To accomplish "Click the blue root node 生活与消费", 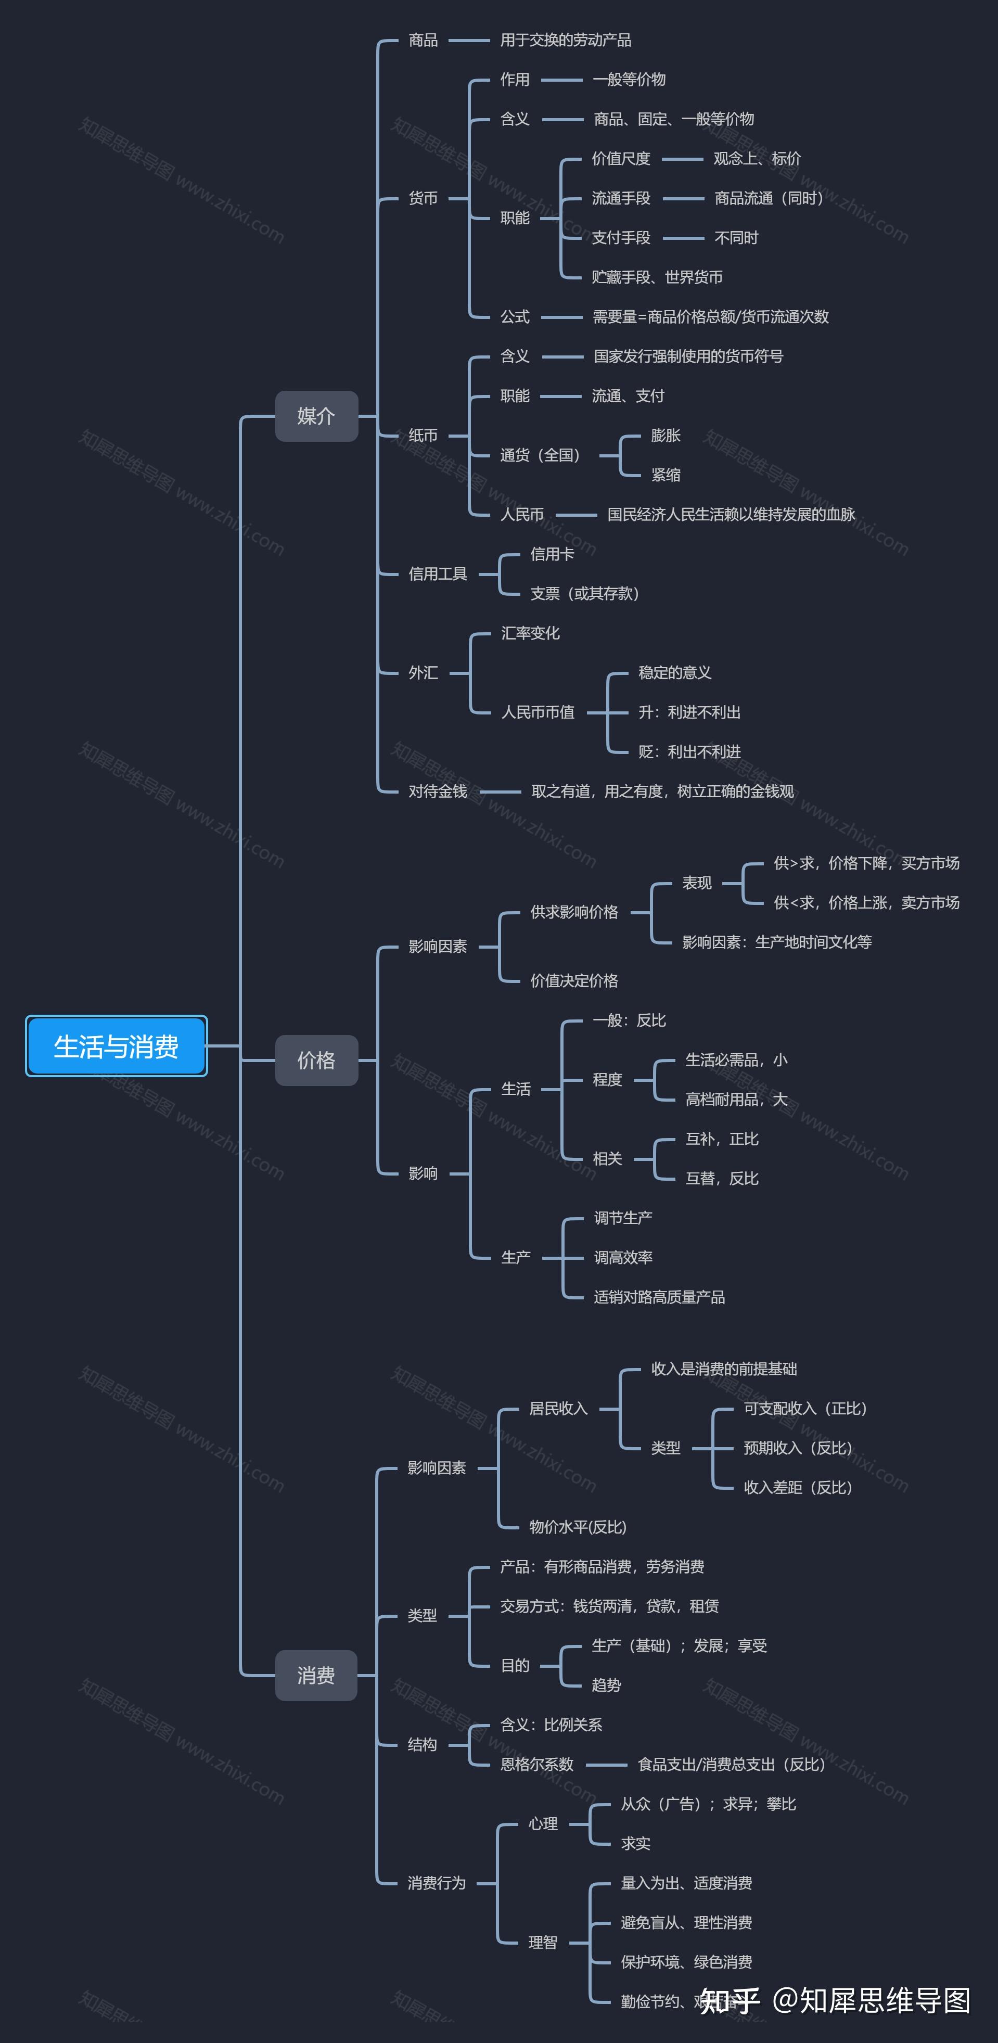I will pos(116,1046).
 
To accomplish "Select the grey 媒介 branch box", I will pos(316,416).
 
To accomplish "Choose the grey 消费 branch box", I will pos(316,1675).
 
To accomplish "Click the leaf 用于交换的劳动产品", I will pos(565,40).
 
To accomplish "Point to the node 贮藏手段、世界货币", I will pos(656,277).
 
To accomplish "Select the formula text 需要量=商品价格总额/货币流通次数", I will pos(710,316).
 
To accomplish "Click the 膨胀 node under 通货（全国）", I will pos(665,436).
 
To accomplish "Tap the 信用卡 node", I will pos(552,554).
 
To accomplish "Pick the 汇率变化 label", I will pos(530,633).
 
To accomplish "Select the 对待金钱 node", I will pos(437,790).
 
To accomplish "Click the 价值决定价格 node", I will pos(573,980).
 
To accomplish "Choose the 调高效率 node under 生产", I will pos(623,1257).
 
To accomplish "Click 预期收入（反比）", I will pos(797,1447).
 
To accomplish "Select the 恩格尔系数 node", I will pos(536,1764).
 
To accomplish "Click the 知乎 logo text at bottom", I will pos(729,2000).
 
